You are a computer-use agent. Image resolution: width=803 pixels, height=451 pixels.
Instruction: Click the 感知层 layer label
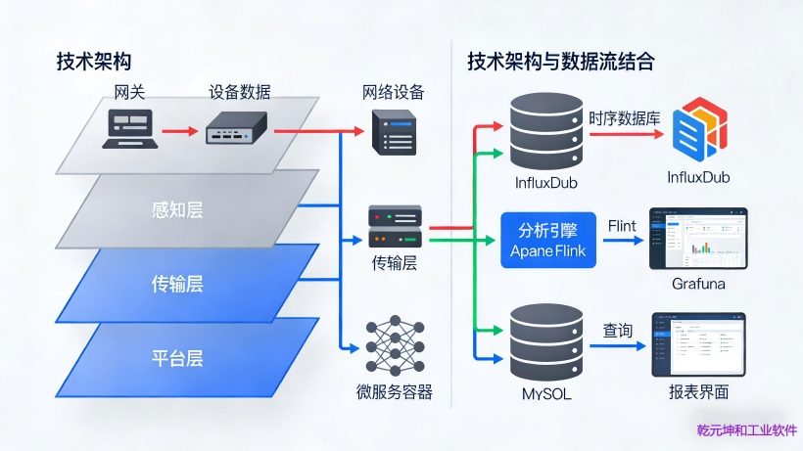tap(177, 208)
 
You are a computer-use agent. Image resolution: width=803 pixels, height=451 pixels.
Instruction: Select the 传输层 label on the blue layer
tap(177, 284)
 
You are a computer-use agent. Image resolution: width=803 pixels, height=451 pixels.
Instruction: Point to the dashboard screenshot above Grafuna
tap(696, 238)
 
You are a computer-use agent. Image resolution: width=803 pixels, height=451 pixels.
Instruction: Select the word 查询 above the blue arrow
tap(618, 331)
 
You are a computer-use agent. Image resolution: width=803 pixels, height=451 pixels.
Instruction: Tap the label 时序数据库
tap(625, 118)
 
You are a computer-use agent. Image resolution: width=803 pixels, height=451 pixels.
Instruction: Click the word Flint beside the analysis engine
tap(622, 226)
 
